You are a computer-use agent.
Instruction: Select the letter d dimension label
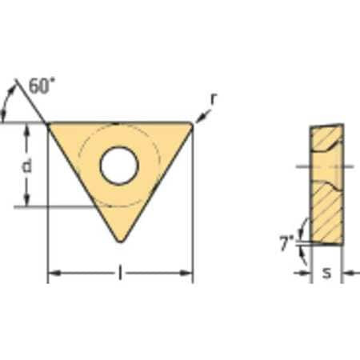(26, 166)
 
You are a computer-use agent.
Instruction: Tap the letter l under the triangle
(119, 274)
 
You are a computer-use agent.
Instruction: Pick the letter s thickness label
(326, 274)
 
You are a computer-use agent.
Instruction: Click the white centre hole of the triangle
(119, 165)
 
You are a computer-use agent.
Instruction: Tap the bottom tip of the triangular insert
(120, 240)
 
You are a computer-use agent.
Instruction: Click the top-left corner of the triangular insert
(50, 125)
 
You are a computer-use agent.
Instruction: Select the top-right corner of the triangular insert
(190, 125)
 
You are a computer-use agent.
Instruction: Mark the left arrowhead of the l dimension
(53, 274)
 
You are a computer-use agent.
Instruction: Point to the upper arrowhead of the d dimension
(26, 130)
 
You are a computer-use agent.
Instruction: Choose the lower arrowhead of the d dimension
(26, 202)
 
